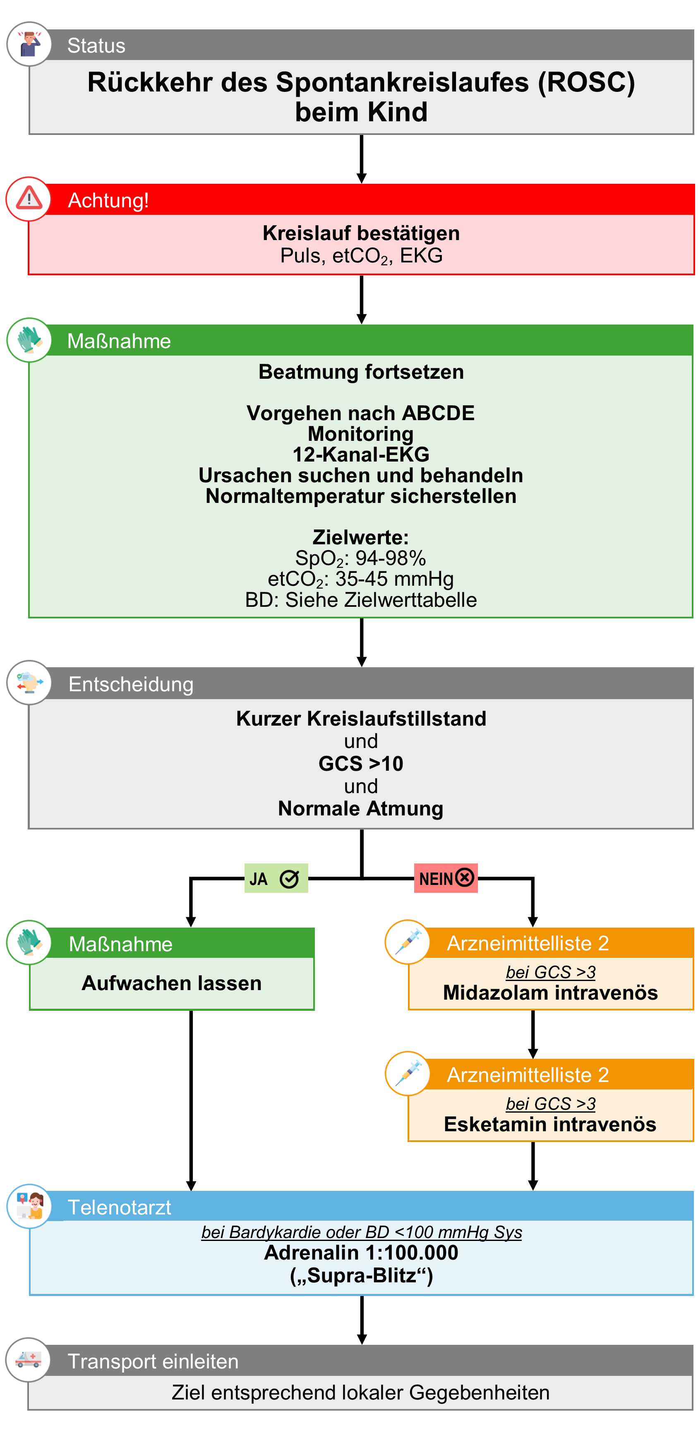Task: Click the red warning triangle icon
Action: click(29, 199)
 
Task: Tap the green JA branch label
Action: click(276, 878)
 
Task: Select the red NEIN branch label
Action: click(446, 878)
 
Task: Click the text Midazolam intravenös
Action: click(550, 993)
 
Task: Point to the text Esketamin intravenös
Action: click(549, 1124)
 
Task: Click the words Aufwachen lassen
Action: click(171, 983)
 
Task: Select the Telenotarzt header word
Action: click(119, 1207)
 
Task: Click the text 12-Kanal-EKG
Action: click(360, 454)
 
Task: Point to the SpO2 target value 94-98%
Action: click(391, 558)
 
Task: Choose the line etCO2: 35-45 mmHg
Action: click(360, 579)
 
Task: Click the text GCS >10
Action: click(360, 763)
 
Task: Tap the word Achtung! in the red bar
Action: click(108, 200)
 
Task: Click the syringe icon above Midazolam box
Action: click(408, 942)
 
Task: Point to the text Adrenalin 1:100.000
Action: click(360, 1253)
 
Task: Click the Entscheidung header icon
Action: click(29, 683)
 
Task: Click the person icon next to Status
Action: click(29, 44)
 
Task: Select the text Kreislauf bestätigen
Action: click(360, 233)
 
